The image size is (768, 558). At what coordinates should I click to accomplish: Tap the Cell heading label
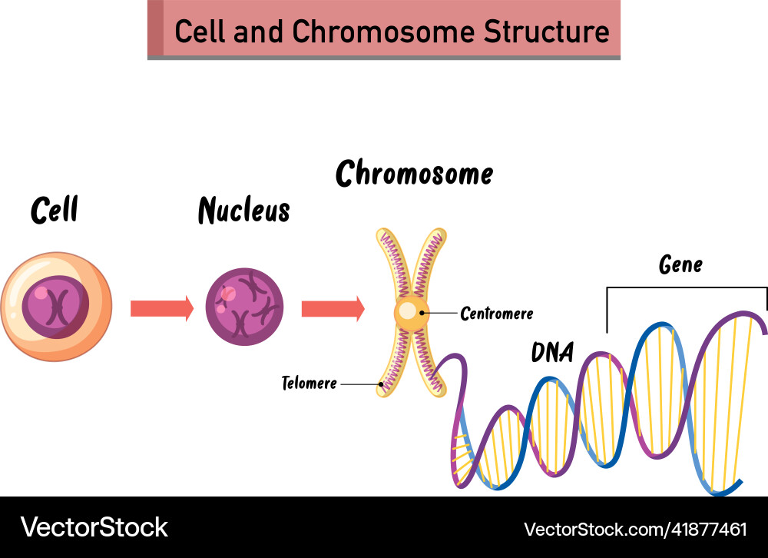pos(55,210)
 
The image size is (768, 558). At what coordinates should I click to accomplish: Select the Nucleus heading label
pos(244,210)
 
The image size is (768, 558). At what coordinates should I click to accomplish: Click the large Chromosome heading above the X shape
pos(414,174)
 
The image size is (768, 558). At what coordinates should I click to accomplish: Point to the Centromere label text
pos(496,314)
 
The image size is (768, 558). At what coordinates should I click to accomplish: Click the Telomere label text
pos(309,383)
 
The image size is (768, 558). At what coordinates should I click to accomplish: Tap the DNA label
pos(552,352)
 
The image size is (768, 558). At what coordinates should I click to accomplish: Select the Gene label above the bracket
pos(680,265)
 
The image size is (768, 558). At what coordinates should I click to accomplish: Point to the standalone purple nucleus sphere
pos(244,307)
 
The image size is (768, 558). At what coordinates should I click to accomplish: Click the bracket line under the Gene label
pos(687,288)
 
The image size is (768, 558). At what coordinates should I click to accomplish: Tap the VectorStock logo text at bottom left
pos(94,527)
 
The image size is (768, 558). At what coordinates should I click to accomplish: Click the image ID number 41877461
pos(704,529)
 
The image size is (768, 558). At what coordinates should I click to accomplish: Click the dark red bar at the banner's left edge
pos(155,28)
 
